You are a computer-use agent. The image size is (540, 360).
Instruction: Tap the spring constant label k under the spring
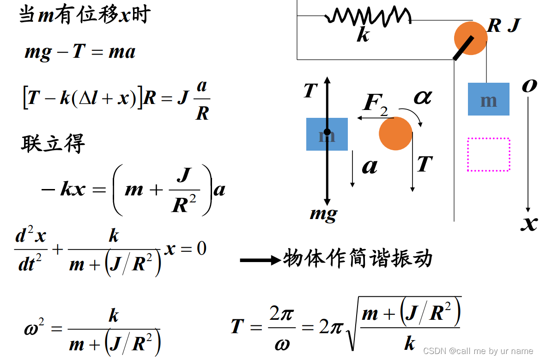(363, 34)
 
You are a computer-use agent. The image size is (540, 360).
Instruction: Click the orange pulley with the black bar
(470, 38)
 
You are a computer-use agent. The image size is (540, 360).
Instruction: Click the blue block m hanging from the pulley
(488, 99)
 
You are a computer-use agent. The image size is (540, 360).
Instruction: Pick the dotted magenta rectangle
(489, 154)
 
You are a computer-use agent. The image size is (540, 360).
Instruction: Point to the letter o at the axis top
(529, 85)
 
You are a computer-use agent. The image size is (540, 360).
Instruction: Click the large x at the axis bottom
(529, 223)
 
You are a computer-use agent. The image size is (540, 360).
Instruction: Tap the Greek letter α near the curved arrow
(422, 97)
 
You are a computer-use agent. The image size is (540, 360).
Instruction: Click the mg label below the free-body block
(323, 214)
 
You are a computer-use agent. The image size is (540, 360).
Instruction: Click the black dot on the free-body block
(327, 132)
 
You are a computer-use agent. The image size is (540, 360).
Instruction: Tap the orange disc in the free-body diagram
(395, 134)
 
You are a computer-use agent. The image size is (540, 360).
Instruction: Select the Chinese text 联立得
(53, 144)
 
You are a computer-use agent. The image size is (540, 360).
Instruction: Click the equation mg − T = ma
(80, 51)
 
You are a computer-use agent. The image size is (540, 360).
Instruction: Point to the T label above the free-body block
(311, 91)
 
